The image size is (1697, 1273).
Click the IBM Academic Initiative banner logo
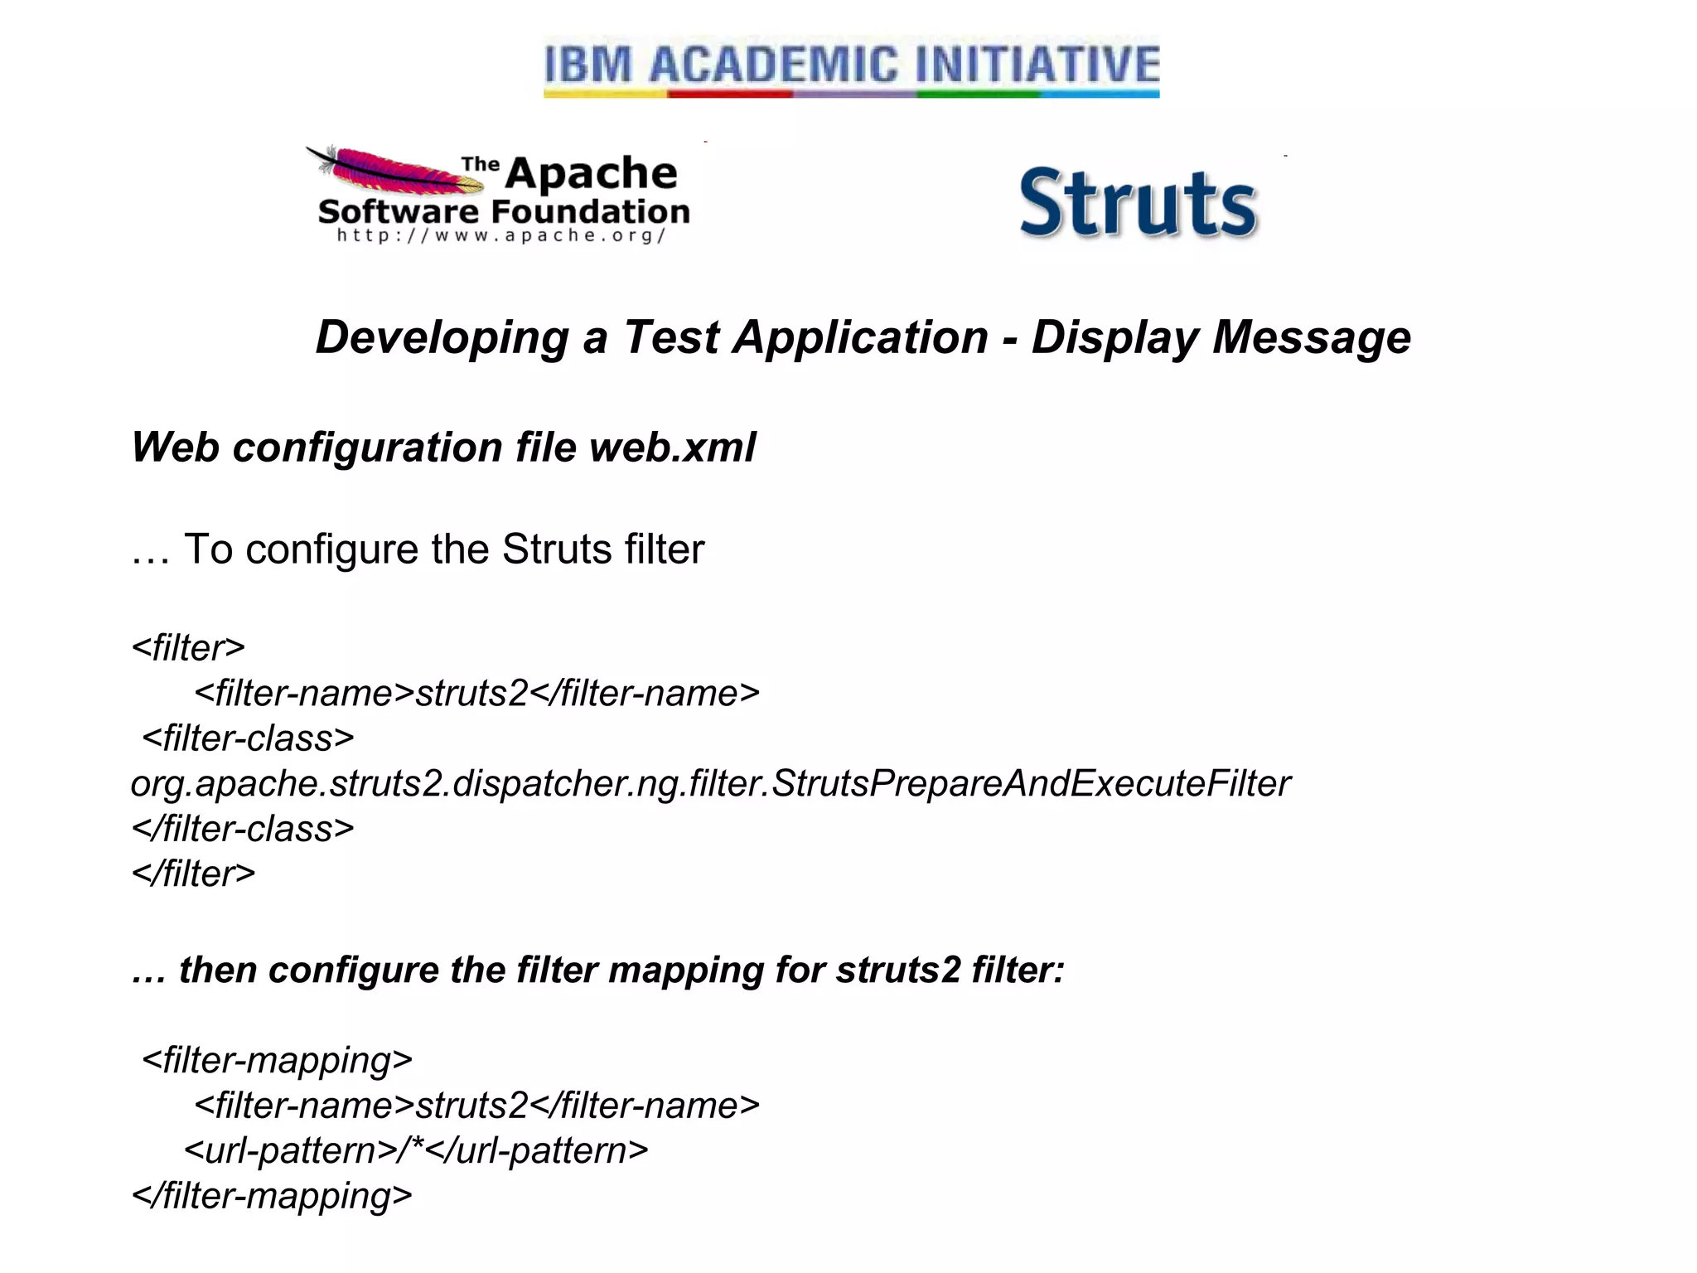[x=851, y=68]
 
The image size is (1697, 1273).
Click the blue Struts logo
[x=1138, y=204]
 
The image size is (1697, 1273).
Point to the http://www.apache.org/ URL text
[x=501, y=236]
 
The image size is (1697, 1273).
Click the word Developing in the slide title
[x=442, y=338]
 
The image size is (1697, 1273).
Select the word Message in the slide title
[x=1312, y=338]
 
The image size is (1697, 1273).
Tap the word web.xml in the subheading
[x=672, y=448]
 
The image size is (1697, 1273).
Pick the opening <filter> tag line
[x=188, y=648]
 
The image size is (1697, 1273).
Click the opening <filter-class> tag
[x=248, y=738]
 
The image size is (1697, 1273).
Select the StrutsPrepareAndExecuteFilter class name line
[x=710, y=784]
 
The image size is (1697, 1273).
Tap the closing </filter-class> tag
[x=243, y=829]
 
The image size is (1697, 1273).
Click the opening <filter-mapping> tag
[x=277, y=1061]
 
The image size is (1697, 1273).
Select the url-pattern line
[x=416, y=1151]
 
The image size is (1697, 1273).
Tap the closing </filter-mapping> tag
[x=272, y=1196]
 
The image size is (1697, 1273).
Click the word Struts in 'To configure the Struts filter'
[x=557, y=549]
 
